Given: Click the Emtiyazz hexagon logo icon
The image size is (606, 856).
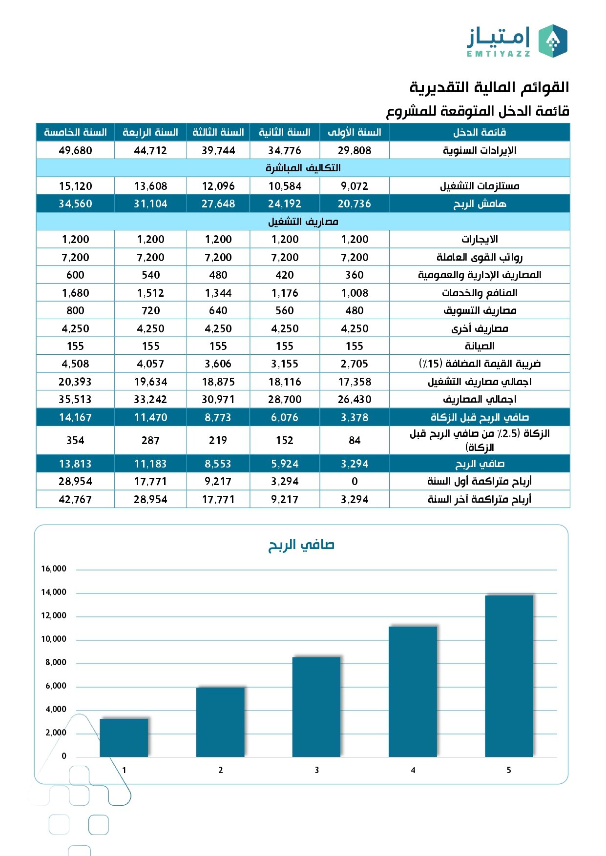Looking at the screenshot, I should click(553, 41).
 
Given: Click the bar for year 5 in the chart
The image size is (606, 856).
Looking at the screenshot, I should click(509, 676).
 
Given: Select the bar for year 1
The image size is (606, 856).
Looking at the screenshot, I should click(124, 737).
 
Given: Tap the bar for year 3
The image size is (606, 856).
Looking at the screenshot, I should click(316, 707).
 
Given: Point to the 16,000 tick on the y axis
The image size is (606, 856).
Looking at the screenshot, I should click(54, 569).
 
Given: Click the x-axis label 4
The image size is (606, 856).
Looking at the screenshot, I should click(413, 770).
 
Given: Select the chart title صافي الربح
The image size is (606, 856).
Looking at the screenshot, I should click(301, 545).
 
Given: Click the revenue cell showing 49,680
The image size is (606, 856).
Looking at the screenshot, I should click(75, 150).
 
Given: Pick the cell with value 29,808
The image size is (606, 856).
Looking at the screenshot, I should click(355, 150).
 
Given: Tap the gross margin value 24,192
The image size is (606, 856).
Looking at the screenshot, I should click(285, 204).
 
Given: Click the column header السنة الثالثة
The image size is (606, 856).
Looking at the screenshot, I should click(218, 132).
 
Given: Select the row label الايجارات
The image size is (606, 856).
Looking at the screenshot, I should click(480, 239).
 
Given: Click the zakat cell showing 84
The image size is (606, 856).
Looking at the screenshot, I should click(355, 440).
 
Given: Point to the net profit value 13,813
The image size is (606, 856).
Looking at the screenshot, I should click(75, 464).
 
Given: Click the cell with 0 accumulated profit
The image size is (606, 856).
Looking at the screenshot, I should click(355, 481).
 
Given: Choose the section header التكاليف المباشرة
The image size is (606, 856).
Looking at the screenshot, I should click(303, 168).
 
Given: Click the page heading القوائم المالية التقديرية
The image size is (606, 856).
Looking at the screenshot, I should click(489, 88).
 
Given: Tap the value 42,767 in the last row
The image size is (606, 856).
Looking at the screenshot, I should click(75, 499).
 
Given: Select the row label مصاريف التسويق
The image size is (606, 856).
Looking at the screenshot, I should click(480, 310).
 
